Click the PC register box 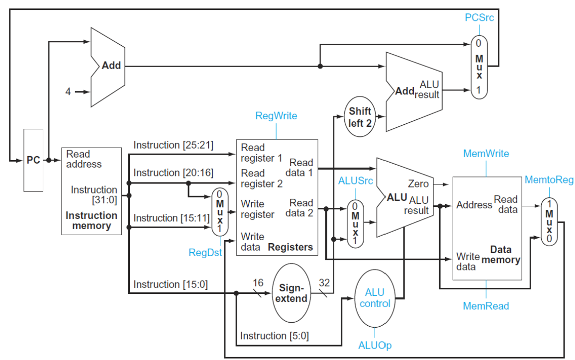pyautogui.click(x=33, y=160)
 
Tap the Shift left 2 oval pyautogui.click(x=360, y=117)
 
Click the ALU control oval pyautogui.click(x=375, y=298)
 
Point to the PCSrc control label pyautogui.click(x=480, y=18)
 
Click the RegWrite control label pyautogui.click(x=276, y=116)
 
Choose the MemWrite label pyautogui.click(x=486, y=154)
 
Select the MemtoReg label pyautogui.click(x=549, y=180)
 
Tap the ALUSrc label pyautogui.click(x=355, y=180)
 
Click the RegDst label pyautogui.click(x=205, y=252)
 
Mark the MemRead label pyautogui.click(x=486, y=306)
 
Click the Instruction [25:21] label pyautogui.click(x=173, y=145)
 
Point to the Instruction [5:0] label pyautogui.click(x=274, y=336)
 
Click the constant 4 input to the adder pyautogui.click(x=68, y=91)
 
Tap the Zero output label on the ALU pyautogui.click(x=418, y=184)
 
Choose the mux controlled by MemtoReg pyautogui.click(x=549, y=221)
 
